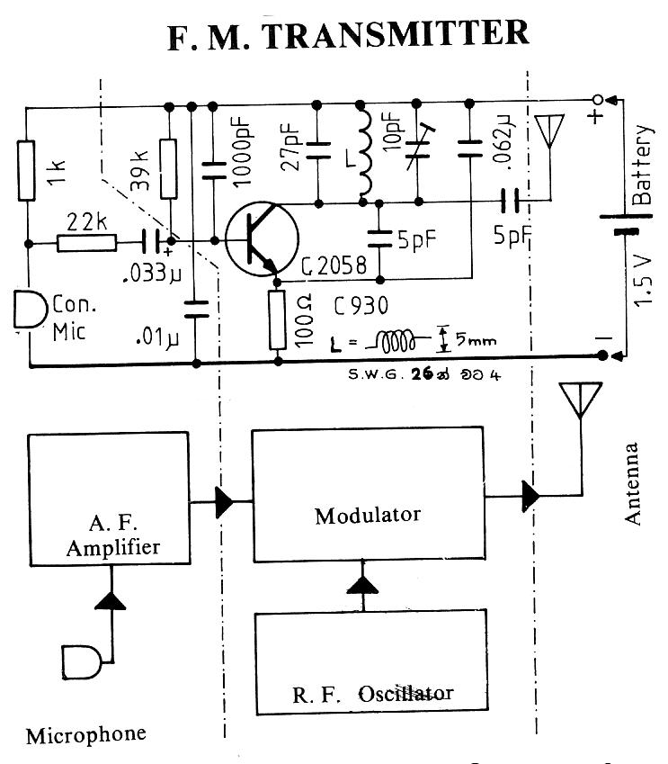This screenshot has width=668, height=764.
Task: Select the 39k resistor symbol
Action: [x=168, y=168]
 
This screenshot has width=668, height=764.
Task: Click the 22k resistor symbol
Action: [x=85, y=242]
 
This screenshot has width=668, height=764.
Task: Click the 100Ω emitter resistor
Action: [x=277, y=320]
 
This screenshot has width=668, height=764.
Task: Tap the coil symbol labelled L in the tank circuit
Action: [x=364, y=153]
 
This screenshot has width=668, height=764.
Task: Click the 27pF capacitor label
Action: [x=290, y=148]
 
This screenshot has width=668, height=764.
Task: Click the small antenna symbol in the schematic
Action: [x=546, y=132]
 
